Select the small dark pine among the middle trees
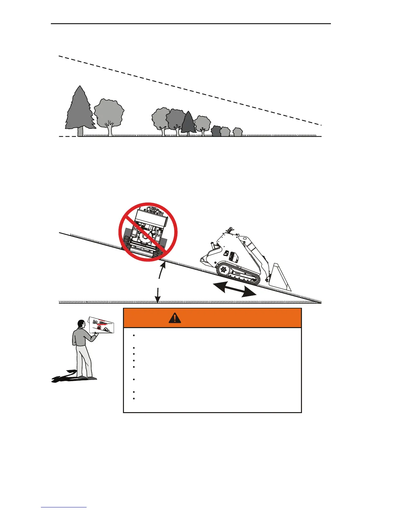pos(188,123)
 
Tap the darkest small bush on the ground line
pos(216,131)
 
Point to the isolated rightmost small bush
pos(238,132)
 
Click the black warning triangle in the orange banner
pos(174,318)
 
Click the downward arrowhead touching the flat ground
pos(157,300)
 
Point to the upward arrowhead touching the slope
pos(164,266)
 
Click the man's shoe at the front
pos(91,378)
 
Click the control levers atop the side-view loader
pos(229,230)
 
